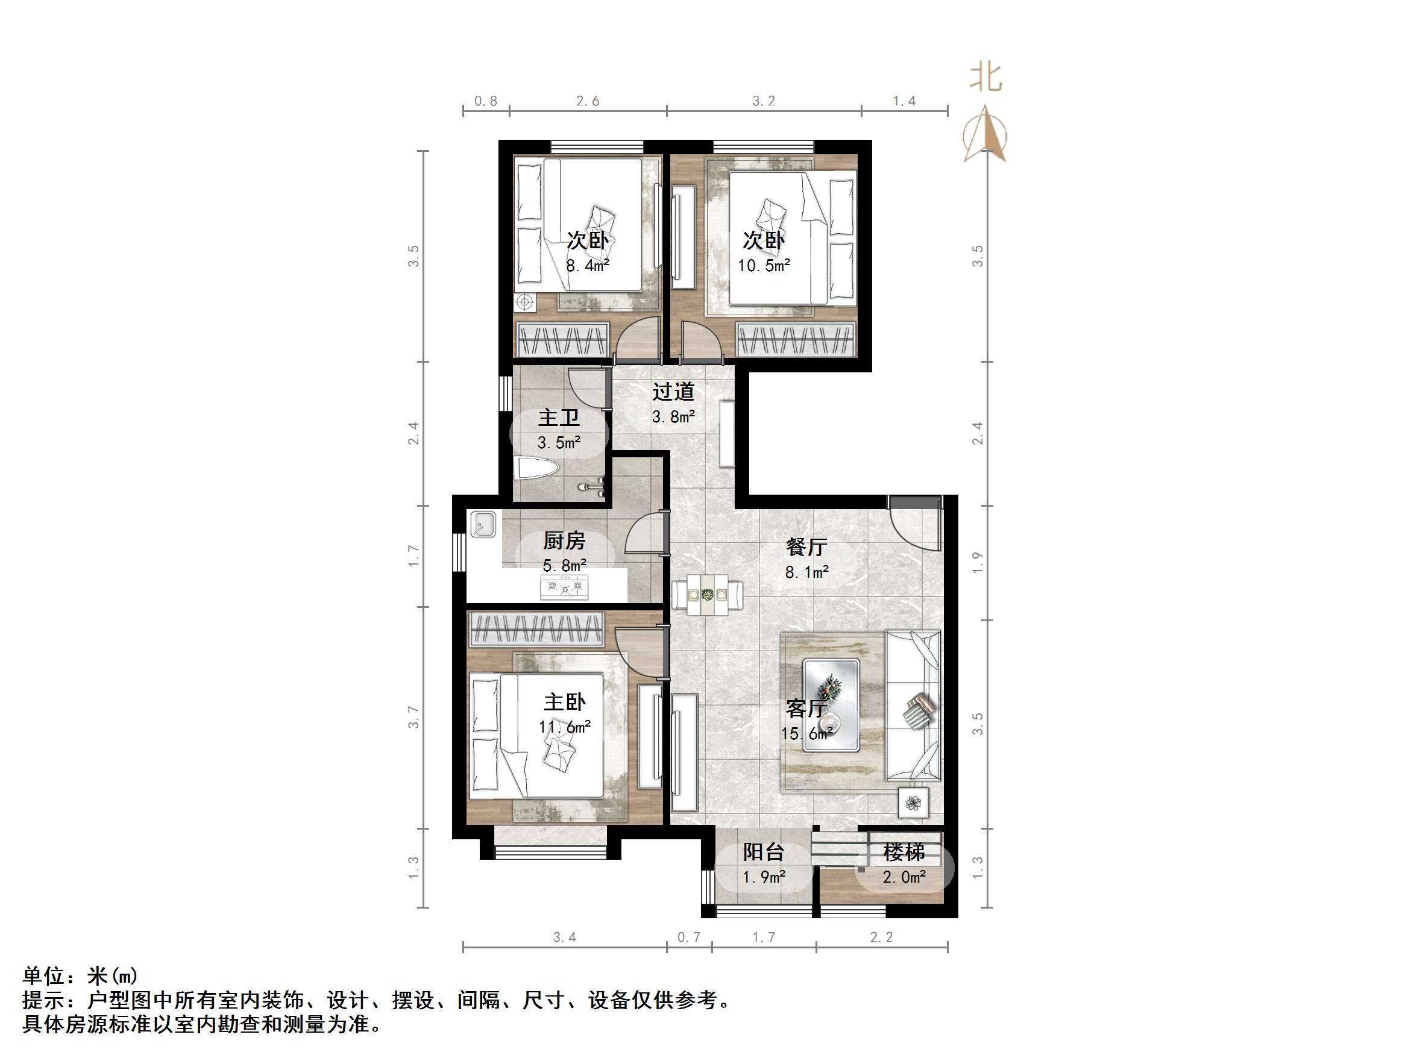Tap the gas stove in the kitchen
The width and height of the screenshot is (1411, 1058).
pyautogui.click(x=565, y=587)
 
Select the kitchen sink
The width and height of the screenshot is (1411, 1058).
pyautogui.click(x=482, y=524)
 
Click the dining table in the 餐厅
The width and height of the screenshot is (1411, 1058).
pyautogui.click(x=707, y=594)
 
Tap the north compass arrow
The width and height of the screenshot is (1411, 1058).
pyautogui.click(x=985, y=134)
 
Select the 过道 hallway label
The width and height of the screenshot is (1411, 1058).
pyautogui.click(x=673, y=391)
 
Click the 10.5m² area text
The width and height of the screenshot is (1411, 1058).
pyautogui.click(x=764, y=265)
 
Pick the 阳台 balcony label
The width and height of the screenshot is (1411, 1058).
pyautogui.click(x=764, y=852)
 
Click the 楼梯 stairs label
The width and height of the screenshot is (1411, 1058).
pyautogui.click(x=904, y=852)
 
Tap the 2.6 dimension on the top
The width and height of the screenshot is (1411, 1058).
pyautogui.click(x=588, y=101)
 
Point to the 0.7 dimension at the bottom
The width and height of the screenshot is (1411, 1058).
pyautogui.click(x=689, y=937)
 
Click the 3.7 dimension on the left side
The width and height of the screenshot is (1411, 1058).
pyautogui.click(x=414, y=717)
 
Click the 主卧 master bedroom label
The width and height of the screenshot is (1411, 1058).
pyautogui.click(x=565, y=702)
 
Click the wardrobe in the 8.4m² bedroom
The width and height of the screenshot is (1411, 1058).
pyautogui.click(x=561, y=340)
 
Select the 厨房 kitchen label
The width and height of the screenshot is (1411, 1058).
pyautogui.click(x=565, y=541)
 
